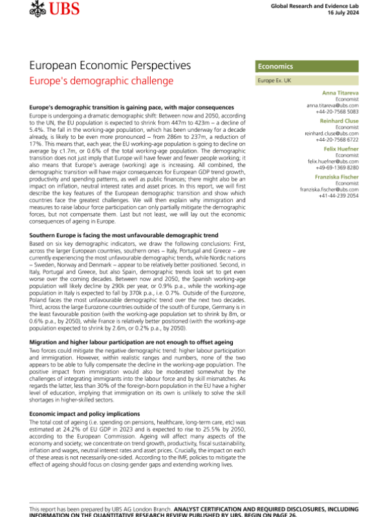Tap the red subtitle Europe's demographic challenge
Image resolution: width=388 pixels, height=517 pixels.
102,81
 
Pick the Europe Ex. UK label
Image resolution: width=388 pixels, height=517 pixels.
274,81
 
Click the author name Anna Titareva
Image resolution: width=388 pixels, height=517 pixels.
349,93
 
